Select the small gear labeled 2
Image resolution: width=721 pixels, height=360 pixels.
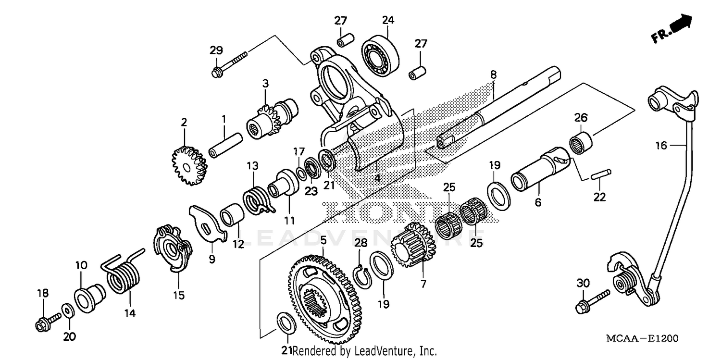click(189, 166)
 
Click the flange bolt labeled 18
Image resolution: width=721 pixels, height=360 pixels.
click(47, 323)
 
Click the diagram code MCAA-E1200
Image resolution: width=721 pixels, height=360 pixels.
click(642, 339)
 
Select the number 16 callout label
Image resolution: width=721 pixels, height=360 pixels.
click(661, 145)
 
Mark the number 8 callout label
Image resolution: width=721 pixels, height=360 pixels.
click(494, 74)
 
